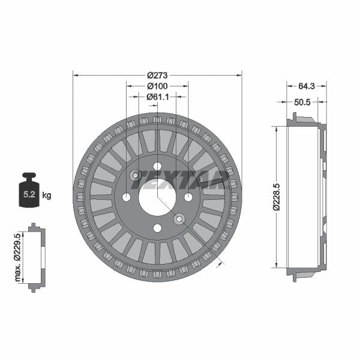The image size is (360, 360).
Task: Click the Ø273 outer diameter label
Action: (157, 75)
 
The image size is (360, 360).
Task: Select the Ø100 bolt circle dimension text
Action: (157, 86)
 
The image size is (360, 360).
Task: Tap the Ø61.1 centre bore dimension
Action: (157, 96)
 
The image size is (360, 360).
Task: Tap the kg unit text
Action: (47, 195)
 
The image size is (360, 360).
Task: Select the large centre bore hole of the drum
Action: (157, 197)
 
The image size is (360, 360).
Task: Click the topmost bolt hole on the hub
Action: (157, 166)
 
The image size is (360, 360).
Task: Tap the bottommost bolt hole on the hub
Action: (157, 227)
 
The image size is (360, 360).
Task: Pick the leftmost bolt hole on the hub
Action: (127, 197)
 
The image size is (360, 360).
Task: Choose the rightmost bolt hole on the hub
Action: (188, 197)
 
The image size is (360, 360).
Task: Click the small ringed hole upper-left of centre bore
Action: (136, 175)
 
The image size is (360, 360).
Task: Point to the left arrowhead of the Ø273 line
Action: (75, 75)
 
